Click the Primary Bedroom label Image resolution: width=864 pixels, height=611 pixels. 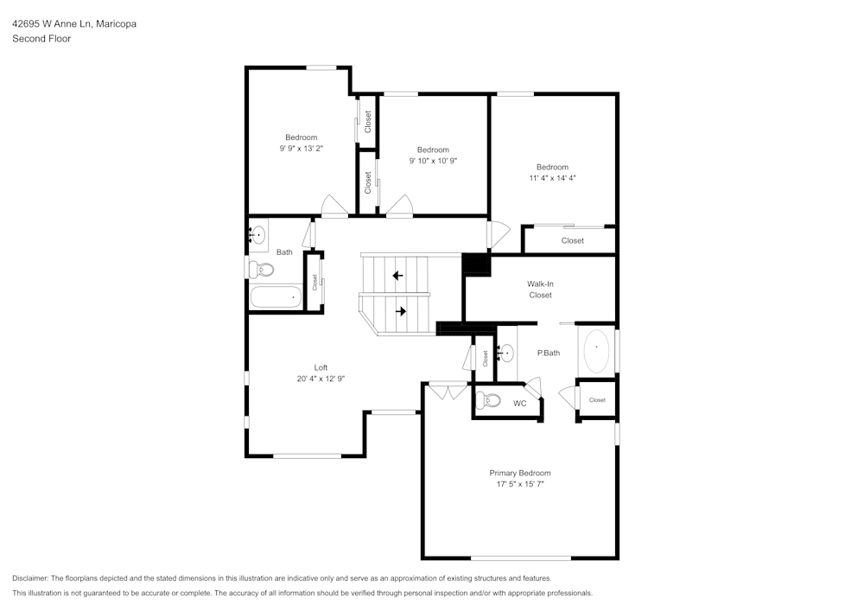519,473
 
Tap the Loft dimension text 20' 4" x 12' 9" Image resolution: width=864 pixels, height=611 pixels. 321,379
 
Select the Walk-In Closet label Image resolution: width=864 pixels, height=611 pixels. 540,290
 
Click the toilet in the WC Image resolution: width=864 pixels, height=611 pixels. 490,400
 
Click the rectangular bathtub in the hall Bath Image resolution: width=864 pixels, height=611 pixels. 275,298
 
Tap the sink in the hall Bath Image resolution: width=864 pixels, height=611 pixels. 257,234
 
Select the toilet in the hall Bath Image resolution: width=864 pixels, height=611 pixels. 262,270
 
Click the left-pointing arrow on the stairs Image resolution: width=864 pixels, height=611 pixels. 397,276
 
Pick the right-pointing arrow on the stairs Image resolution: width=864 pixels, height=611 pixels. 401,310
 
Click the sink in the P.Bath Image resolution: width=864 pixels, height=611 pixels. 505,353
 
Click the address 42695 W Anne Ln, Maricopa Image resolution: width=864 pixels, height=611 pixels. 73,24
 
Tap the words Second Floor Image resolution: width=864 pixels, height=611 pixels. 41,39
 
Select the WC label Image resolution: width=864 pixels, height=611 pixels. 520,404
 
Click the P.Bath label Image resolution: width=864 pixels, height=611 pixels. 549,353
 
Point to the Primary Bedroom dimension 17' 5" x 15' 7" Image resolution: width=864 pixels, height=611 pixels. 519,485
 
